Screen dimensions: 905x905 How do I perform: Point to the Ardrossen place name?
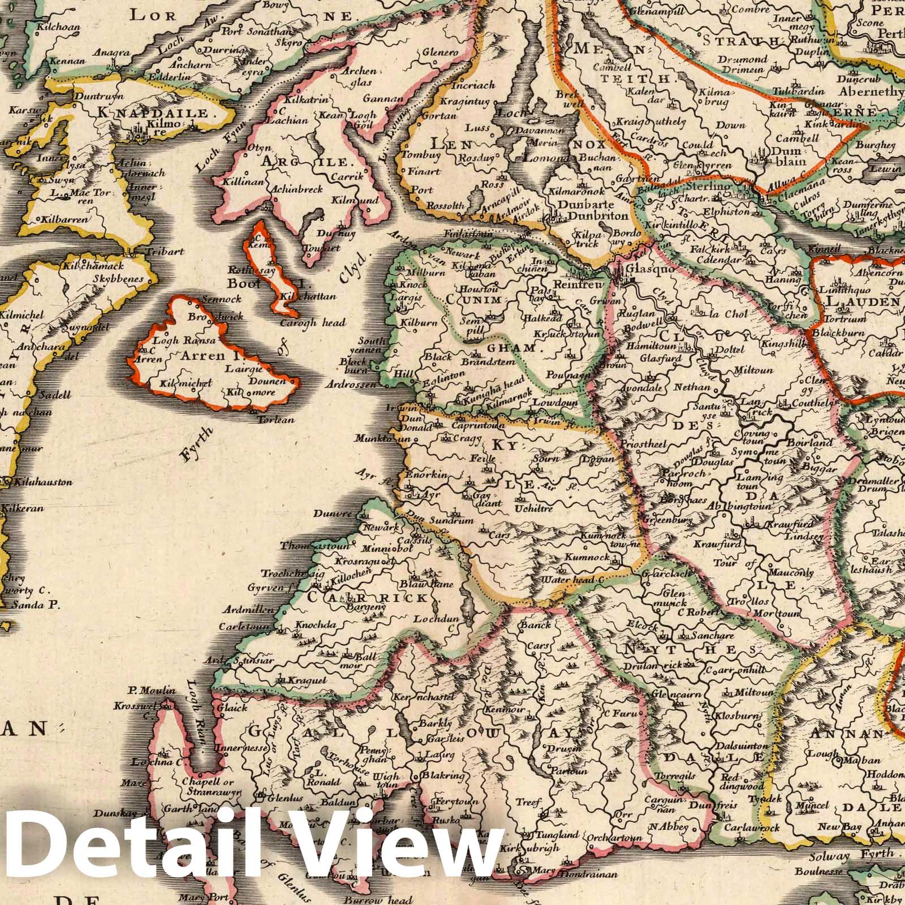pos(351,385)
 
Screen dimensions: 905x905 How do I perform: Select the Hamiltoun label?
pos(659,345)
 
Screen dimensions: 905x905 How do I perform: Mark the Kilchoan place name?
pos(57,27)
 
